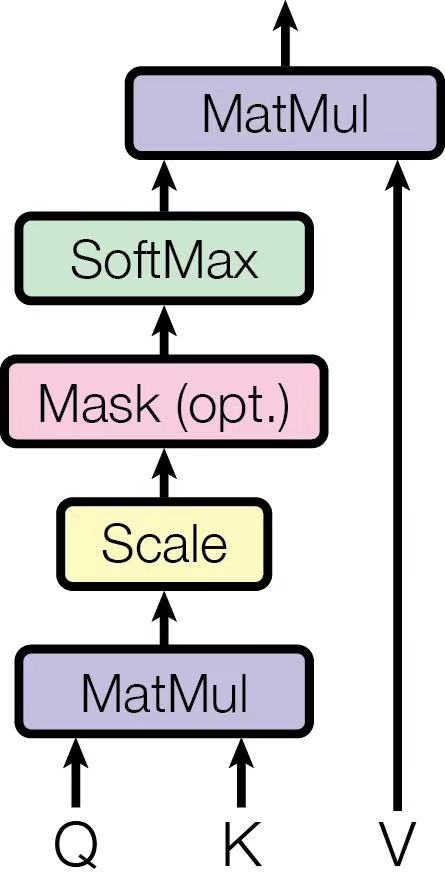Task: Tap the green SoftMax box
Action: tap(164, 260)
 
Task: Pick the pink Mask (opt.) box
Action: tap(164, 405)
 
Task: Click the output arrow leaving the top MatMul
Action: tap(286, 35)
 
